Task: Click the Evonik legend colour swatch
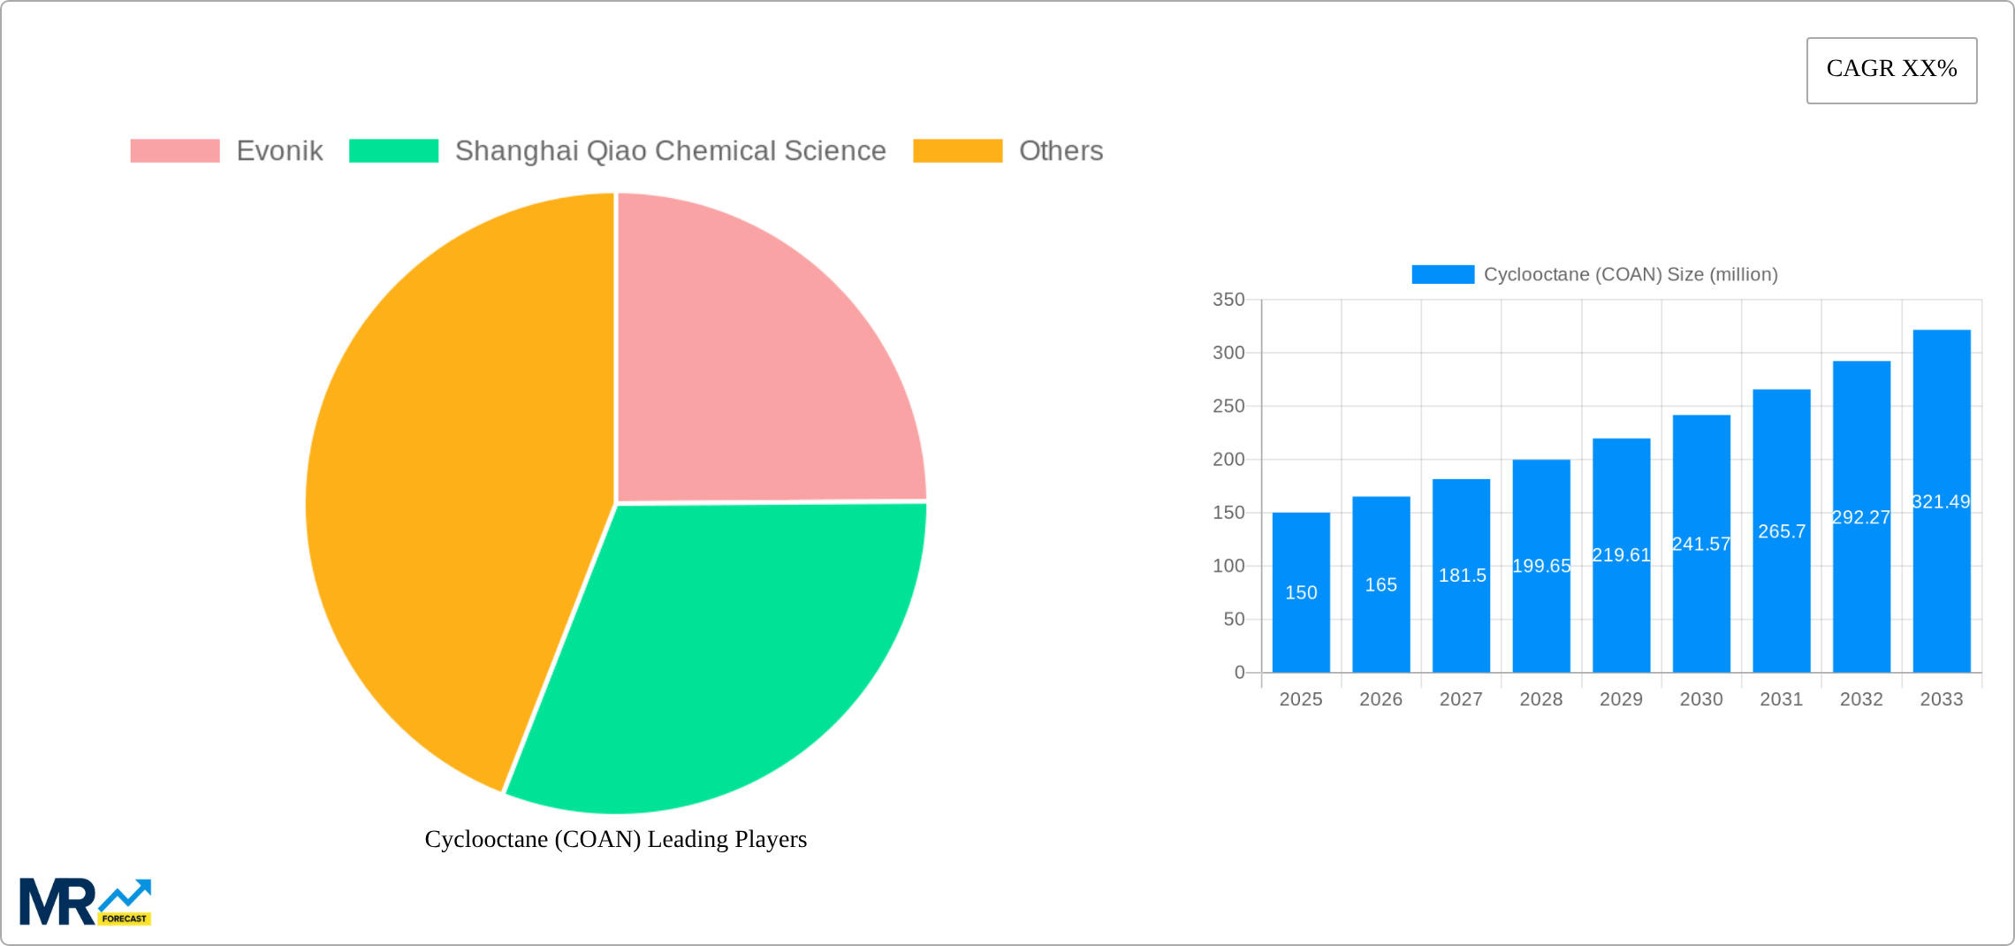175,151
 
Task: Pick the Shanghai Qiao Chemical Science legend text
670,151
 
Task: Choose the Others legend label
1061,151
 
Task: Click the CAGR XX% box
1891,70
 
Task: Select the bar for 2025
1301,619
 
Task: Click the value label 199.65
1541,566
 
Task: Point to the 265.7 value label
1782,531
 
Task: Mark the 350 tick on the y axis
1228,300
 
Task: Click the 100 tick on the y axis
1228,566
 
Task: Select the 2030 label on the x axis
1701,699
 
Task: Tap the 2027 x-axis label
1461,699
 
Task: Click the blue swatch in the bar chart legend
1442,275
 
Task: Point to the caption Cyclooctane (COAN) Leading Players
616,839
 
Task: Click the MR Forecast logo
85,902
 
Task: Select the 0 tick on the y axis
1239,673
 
